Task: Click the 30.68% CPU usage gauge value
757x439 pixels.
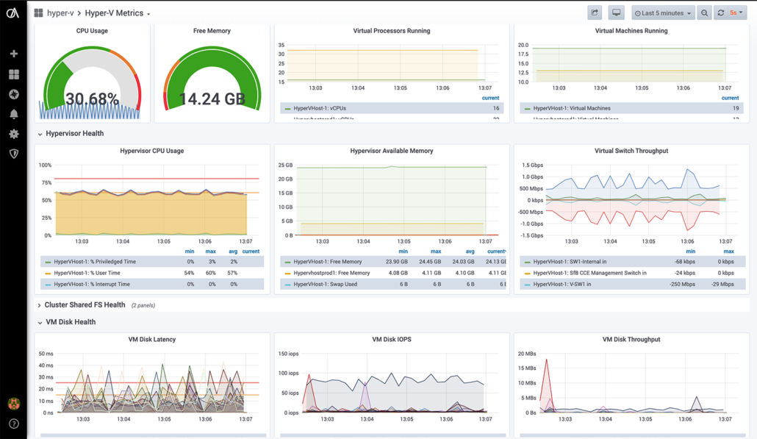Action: click(x=92, y=99)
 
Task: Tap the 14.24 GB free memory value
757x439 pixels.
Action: click(x=212, y=99)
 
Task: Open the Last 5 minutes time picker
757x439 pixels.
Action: click(x=663, y=13)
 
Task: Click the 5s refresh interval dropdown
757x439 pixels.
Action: click(x=736, y=13)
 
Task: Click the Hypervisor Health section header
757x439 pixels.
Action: click(x=74, y=134)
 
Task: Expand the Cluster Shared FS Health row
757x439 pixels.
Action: click(x=85, y=305)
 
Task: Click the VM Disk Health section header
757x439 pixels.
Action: click(x=71, y=322)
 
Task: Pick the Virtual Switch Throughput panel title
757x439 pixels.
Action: click(x=631, y=151)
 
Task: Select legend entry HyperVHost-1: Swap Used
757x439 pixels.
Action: click(x=326, y=284)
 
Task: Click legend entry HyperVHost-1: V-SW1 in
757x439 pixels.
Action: click(x=562, y=284)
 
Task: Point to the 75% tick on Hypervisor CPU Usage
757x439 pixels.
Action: click(x=45, y=182)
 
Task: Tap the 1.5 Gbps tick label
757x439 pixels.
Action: click(x=532, y=165)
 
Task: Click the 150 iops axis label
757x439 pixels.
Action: click(x=287, y=354)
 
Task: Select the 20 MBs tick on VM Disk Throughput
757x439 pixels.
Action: click(x=527, y=354)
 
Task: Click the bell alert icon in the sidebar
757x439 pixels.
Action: click(x=13, y=114)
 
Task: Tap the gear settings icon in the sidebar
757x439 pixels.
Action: click(x=13, y=134)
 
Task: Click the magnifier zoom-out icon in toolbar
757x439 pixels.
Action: click(x=704, y=13)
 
